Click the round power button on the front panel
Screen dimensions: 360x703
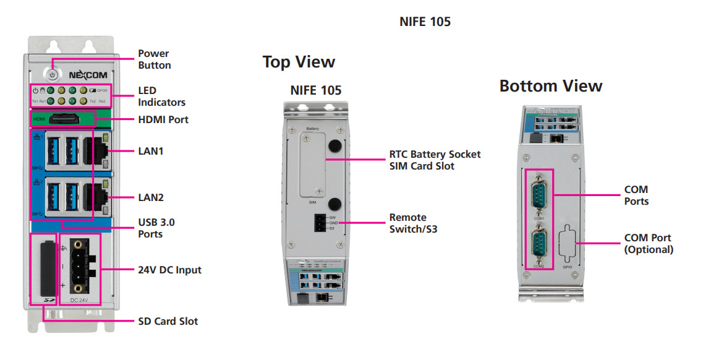click(53, 74)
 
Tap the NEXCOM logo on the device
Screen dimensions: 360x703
click(88, 75)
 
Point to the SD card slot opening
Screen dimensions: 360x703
click(44, 270)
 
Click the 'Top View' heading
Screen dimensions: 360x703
click(299, 62)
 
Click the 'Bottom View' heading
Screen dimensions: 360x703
click(551, 86)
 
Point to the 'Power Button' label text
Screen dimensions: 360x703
click(155, 59)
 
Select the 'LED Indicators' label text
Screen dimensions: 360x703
click(161, 96)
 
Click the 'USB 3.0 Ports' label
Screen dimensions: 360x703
click(156, 228)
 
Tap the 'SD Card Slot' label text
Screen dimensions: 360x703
click(168, 321)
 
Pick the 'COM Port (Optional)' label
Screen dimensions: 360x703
click(649, 244)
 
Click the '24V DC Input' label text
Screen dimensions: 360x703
click(169, 270)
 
